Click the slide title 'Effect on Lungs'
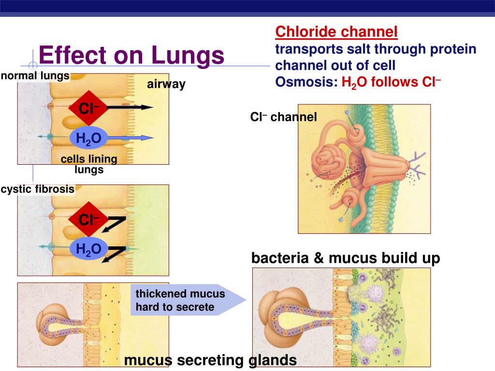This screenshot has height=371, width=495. click(131, 56)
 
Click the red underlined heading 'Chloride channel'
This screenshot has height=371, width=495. click(336, 32)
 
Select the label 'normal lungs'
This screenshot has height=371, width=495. click(35, 76)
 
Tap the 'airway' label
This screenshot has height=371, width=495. click(166, 85)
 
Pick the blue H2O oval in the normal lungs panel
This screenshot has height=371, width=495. click(88, 139)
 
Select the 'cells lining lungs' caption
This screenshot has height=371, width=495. click(89, 164)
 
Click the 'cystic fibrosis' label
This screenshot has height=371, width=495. click(38, 189)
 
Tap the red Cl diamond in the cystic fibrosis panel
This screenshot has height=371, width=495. click(86, 221)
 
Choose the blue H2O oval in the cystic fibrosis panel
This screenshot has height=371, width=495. click(88, 249)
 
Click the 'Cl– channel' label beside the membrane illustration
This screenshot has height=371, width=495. click(283, 117)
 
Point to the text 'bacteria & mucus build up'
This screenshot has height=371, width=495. click(346, 258)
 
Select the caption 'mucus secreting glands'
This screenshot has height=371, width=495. click(210, 360)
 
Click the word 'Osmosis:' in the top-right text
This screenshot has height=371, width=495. click(306, 82)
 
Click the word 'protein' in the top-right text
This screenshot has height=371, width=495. click(453, 49)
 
